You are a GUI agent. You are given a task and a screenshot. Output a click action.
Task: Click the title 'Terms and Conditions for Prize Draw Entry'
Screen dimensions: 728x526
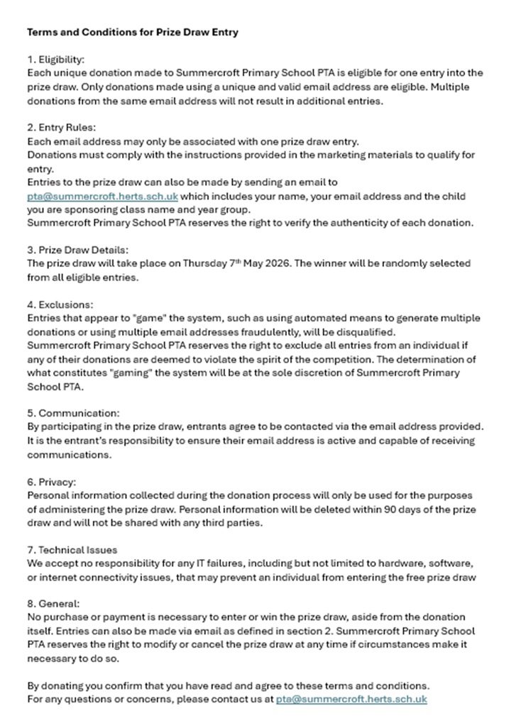(x=133, y=32)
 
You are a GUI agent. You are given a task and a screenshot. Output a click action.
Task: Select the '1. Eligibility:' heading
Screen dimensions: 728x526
(x=55, y=59)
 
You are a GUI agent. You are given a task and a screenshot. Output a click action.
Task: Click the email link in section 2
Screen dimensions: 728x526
(x=102, y=196)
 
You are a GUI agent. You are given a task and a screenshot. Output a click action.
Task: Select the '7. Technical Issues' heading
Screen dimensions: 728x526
(x=72, y=549)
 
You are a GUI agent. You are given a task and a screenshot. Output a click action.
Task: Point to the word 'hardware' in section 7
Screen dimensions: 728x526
(x=388, y=563)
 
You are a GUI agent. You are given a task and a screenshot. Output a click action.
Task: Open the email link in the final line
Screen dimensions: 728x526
(x=351, y=699)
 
